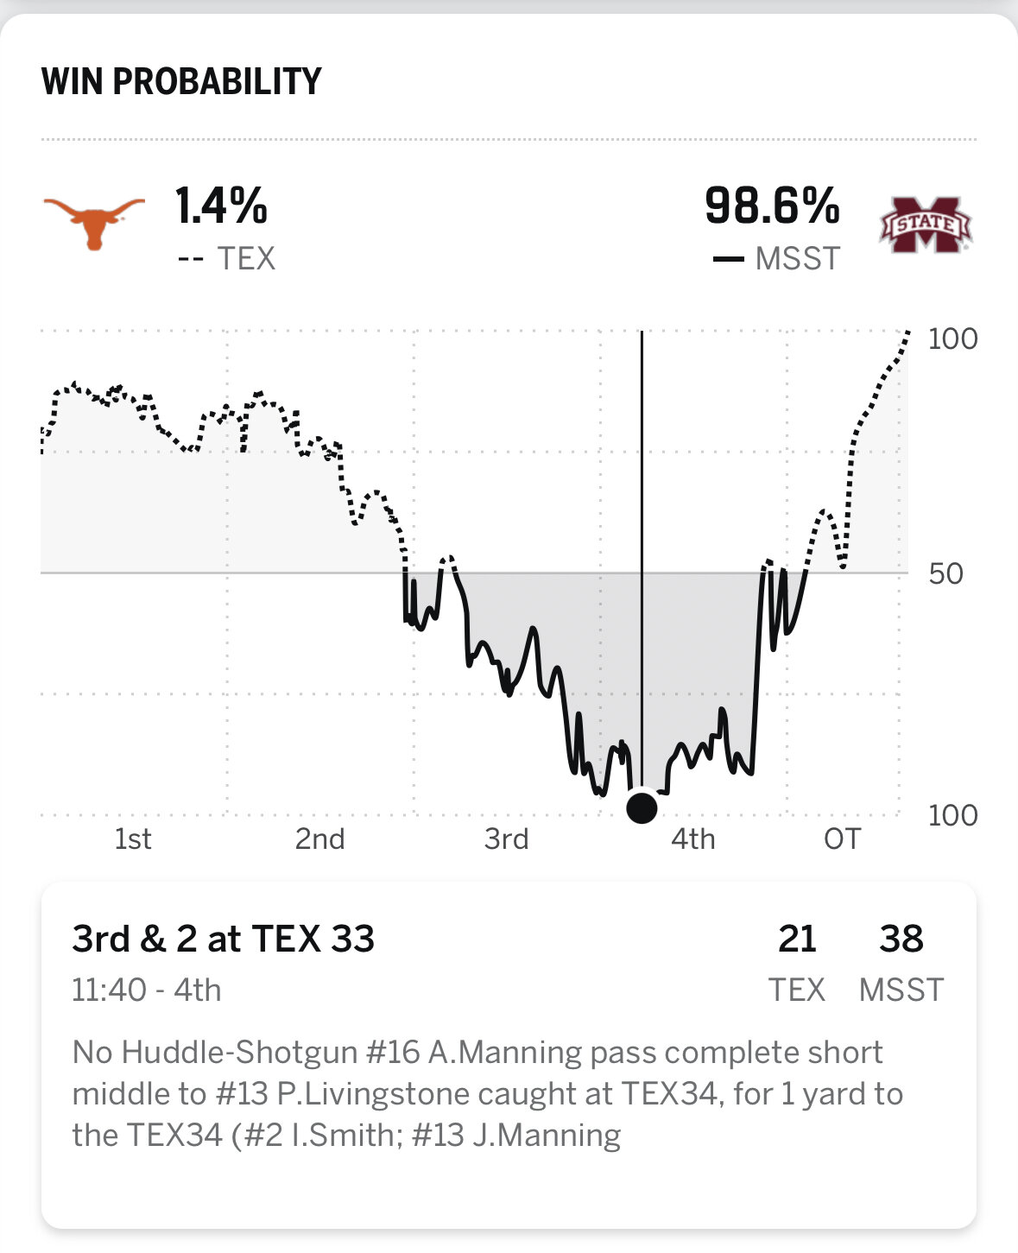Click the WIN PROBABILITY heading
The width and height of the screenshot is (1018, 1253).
[181, 81]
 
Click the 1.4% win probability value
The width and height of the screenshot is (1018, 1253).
[221, 206]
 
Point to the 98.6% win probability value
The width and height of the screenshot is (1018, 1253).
[772, 206]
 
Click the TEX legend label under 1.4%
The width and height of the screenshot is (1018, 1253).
[245, 258]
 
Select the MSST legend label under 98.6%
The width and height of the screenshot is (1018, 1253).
[797, 258]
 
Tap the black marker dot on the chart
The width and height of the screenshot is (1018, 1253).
[642, 807]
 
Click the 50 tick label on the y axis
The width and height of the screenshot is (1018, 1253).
[946, 573]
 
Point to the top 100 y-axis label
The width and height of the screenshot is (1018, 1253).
[952, 339]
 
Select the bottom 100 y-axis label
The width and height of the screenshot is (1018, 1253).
[952, 815]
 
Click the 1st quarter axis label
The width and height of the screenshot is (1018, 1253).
[133, 838]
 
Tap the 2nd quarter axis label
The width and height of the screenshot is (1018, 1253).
[319, 838]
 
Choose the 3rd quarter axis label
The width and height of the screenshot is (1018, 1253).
[506, 838]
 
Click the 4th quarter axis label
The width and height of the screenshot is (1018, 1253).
[692, 838]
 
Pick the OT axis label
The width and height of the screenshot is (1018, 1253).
[842, 838]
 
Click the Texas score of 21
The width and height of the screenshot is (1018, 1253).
[796, 939]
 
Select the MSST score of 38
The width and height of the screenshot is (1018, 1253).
[901, 939]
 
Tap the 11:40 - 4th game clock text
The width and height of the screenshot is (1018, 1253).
[146, 990]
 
